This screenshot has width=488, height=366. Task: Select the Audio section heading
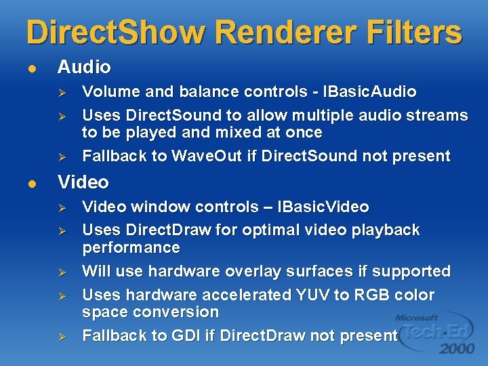[x=84, y=67]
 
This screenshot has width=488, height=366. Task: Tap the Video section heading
[x=83, y=182]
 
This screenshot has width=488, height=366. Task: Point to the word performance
[x=131, y=247]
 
